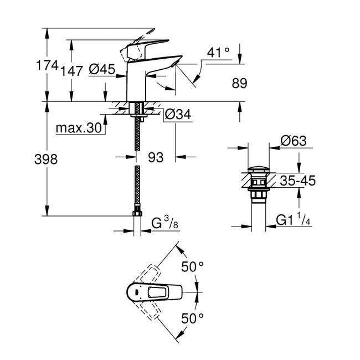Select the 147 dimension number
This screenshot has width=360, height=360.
72,71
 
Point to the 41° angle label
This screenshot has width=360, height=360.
218,53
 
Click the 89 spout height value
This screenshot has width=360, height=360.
239,83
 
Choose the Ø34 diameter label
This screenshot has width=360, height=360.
178,115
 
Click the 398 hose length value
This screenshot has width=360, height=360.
47,159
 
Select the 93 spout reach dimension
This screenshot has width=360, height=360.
156,158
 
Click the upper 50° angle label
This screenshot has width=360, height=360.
192,267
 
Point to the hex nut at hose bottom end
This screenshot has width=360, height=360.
136,213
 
